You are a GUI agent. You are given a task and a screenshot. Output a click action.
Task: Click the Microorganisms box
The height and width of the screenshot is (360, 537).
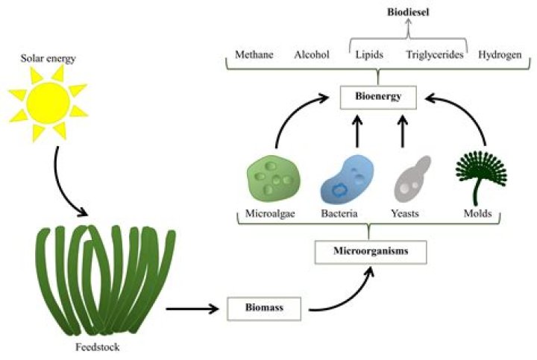coord(371,252)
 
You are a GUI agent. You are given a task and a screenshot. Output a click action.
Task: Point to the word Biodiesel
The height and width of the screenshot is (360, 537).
coord(408,12)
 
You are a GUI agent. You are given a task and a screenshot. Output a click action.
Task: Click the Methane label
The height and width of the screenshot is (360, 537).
coord(254,54)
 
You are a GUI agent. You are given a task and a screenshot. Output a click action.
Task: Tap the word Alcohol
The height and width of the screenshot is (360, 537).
coord(312,54)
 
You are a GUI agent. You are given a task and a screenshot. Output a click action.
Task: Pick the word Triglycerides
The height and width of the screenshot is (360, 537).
coord(435,54)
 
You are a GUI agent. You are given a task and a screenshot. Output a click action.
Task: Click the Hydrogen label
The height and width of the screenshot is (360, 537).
coord(499,54)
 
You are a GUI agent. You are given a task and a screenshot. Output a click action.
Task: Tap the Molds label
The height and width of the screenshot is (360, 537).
coord(477,214)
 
